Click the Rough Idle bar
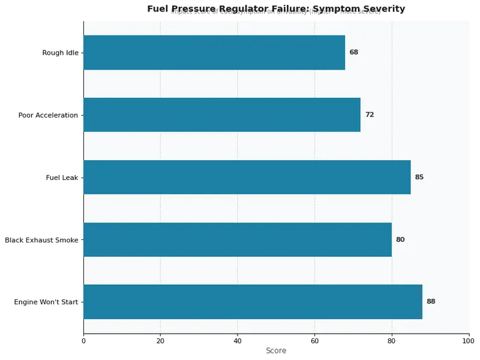(x=214, y=52)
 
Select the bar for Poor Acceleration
(x=222, y=115)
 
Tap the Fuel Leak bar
(x=247, y=177)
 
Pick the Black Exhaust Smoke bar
(x=238, y=239)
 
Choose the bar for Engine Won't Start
(x=253, y=302)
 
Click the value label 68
(x=353, y=52)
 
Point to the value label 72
(x=369, y=115)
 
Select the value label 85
(x=419, y=177)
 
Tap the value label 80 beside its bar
(x=400, y=239)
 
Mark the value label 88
(x=431, y=302)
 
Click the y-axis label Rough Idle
(x=60, y=53)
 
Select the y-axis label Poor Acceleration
(x=48, y=115)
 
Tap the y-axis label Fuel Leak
(x=62, y=178)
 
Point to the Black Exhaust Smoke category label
(x=41, y=240)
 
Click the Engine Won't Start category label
(x=46, y=302)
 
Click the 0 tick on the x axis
(x=83, y=341)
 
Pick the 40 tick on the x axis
(x=238, y=341)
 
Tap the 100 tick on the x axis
(x=469, y=341)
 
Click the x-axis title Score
(x=276, y=350)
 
